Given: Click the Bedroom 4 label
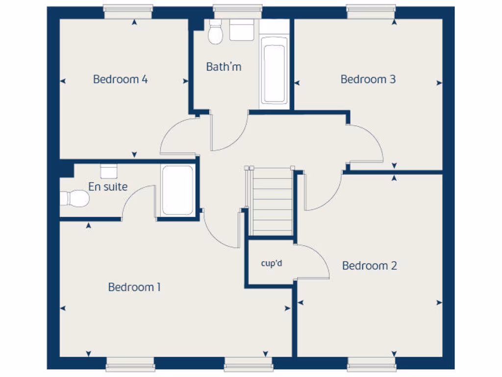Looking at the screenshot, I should tap(121, 79).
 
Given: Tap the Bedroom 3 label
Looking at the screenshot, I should tap(368, 79).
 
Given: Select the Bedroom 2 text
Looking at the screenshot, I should tap(370, 266).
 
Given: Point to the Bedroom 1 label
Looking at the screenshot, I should tap(134, 287).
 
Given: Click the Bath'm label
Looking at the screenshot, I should tap(224, 67).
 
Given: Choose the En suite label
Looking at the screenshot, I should tap(108, 187).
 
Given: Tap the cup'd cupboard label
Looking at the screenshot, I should tap(271, 264).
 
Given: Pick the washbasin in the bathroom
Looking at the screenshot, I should tap(242, 30).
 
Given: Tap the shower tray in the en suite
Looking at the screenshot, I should tap(177, 190).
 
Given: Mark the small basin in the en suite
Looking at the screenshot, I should tap(108, 171).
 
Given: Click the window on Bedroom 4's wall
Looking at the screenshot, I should tap(128, 11).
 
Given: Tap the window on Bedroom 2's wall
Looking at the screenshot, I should tap(372, 364).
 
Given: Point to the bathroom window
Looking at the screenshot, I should tap(238, 11).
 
